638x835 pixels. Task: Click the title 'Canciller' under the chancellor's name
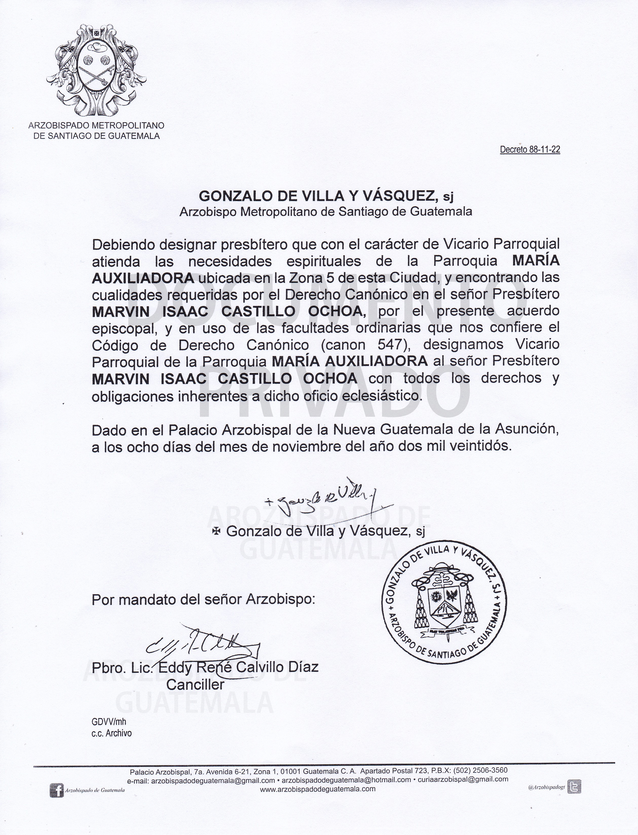pos(196,685)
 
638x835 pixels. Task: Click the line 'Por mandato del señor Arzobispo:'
pos(203,600)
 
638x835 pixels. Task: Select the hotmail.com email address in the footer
pos(346,780)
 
